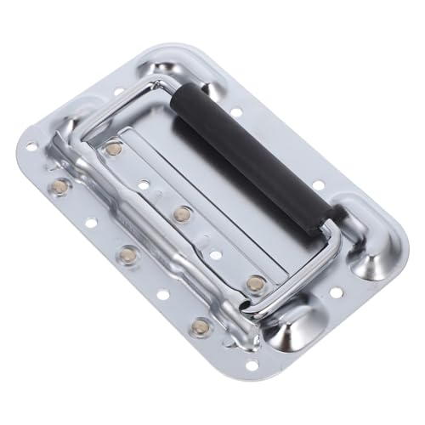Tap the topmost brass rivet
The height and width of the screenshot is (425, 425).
113,149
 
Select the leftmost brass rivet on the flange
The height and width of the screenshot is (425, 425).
59,185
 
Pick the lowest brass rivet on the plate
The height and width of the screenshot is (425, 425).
199,326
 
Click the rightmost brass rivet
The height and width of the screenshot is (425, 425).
255,283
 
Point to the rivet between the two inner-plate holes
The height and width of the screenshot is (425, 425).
181,214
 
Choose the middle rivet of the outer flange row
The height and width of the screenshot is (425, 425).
128,254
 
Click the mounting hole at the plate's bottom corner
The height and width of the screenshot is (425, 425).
252,365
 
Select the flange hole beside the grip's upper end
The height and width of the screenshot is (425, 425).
235,111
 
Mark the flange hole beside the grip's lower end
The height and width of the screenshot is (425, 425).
317,184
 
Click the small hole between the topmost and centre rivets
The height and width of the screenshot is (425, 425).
144,184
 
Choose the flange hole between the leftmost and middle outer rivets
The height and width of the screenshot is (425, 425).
91,223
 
